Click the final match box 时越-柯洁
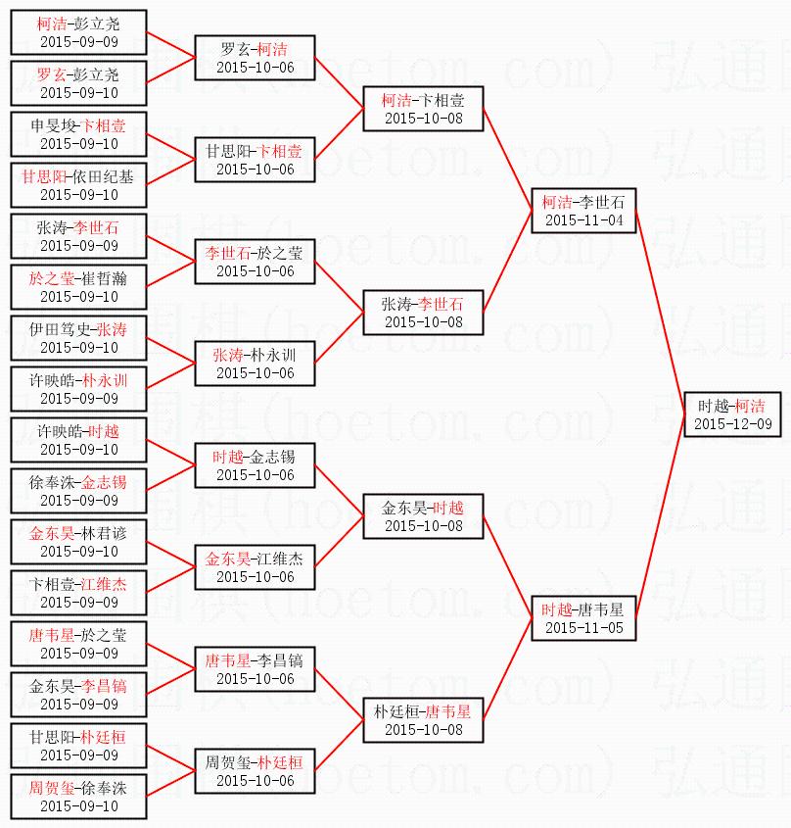click(732, 414)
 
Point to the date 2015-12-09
click(732, 423)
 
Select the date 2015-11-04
click(583, 219)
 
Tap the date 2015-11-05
click(583, 627)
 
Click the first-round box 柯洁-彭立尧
click(78, 31)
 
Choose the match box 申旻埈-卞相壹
click(78, 133)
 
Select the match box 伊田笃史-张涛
click(78, 337)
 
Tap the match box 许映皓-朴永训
click(78, 388)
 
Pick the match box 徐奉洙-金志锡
click(78, 490)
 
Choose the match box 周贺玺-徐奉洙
click(78, 796)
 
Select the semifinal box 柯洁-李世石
click(583, 210)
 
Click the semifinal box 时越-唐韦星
click(583, 617)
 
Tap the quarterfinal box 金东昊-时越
click(423, 515)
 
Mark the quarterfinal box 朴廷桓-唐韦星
click(423, 719)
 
